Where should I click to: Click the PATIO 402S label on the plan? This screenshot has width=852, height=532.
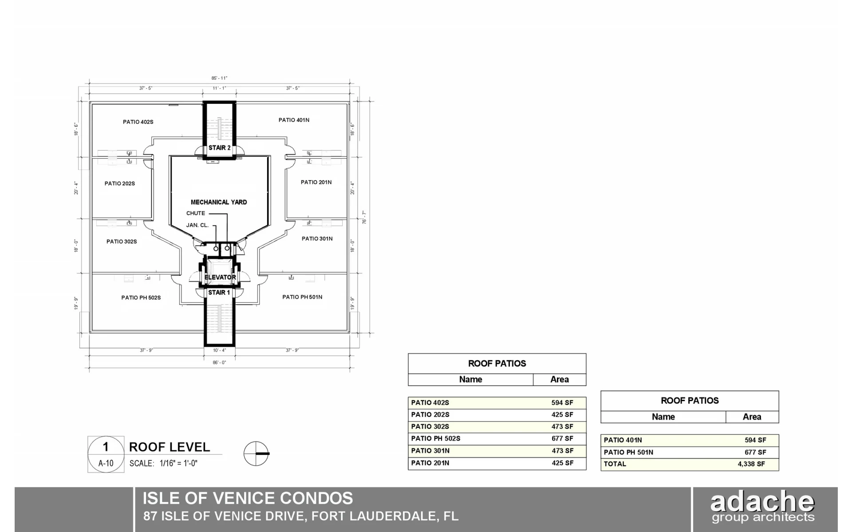point(138,122)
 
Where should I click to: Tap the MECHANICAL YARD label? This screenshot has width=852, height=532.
point(219,202)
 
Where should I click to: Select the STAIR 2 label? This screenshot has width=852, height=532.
point(220,148)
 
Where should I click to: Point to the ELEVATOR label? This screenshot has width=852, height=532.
point(220,278)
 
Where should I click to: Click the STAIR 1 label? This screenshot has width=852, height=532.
point(219,293)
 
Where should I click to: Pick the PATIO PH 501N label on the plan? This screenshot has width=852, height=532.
point(302,297)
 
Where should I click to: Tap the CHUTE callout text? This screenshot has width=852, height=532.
point(196,213)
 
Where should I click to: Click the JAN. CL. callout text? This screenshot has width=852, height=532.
point(197,225)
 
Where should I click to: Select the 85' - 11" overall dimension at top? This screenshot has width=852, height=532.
point(219,78)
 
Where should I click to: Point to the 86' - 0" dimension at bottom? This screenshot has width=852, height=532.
point(219,363)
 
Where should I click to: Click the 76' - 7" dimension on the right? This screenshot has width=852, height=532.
point(364,217)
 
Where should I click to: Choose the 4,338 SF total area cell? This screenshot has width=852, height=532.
point(751,464)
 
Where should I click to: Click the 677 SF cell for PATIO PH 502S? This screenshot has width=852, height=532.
point(562,438)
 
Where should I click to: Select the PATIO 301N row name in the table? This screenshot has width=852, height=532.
point(430,451)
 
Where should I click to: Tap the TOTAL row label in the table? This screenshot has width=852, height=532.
point(615,464)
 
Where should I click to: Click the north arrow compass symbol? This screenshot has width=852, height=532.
point(256,454)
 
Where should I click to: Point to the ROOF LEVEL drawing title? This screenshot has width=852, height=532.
point(170,447)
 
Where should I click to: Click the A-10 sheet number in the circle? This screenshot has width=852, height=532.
point(106,463)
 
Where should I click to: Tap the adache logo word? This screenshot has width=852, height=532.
point(762,501)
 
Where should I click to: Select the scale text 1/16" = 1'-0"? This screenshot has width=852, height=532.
point(178,463)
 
